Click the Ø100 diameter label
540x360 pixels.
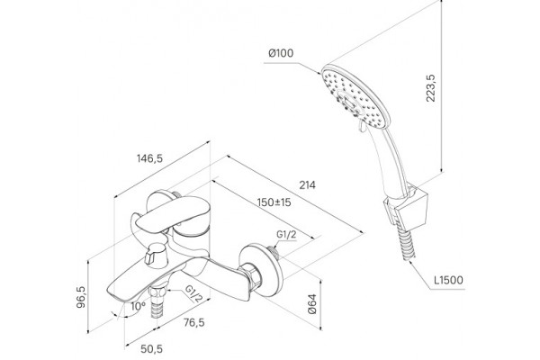[281, 53]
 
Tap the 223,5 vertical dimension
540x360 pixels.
[430, 88]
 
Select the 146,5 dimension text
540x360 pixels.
[149, 158]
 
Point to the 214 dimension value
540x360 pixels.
[307, 185]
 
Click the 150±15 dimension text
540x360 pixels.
[274, 202]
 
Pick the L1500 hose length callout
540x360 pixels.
[448, 280]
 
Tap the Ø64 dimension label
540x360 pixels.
[312, 304]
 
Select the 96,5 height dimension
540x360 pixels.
[82, 297]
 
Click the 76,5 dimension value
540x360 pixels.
[193, 323]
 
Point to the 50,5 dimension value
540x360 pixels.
[151, 349]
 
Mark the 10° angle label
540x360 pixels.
[138, 306]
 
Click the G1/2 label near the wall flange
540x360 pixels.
[286, 235]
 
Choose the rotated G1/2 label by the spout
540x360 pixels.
[193, 293]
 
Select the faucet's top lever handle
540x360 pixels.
[172, 213]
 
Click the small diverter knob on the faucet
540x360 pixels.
[156, 256]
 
